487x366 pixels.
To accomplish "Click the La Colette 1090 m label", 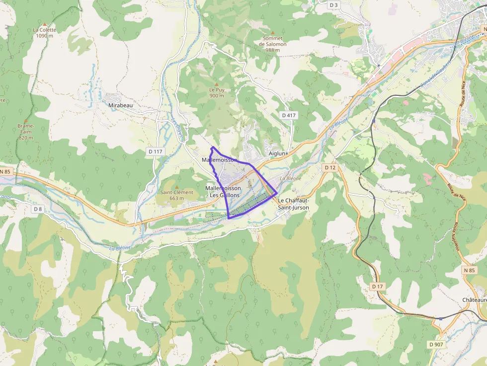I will click(x=44, y=33).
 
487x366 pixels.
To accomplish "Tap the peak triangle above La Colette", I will click(x=45, y=24).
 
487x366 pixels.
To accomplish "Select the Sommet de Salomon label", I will click(x=273, y=41).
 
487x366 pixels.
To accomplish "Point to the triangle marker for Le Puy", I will click(x=217, y=84).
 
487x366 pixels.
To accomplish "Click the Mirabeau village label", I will click(x=121, y=105).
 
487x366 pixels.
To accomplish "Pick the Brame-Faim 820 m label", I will click(x=25, y=132).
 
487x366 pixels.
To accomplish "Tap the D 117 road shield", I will click(x=155, y=151).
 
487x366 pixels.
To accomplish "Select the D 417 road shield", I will click(x=289, y=115).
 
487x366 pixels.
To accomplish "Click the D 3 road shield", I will click(x=333, y=5).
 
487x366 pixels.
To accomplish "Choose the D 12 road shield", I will click(x=330, y=168).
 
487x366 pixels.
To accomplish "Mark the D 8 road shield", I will click(x=38, y=209).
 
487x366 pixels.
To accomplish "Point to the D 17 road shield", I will click(x=378, y=287).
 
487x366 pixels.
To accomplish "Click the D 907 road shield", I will click(x=437, y=344).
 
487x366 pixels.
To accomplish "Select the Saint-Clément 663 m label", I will click(x=176, y=195).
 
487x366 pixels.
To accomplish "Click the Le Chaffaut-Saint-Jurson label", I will click(x=293, y=204).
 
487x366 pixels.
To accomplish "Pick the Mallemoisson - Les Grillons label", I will click(x=223, y=192).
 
